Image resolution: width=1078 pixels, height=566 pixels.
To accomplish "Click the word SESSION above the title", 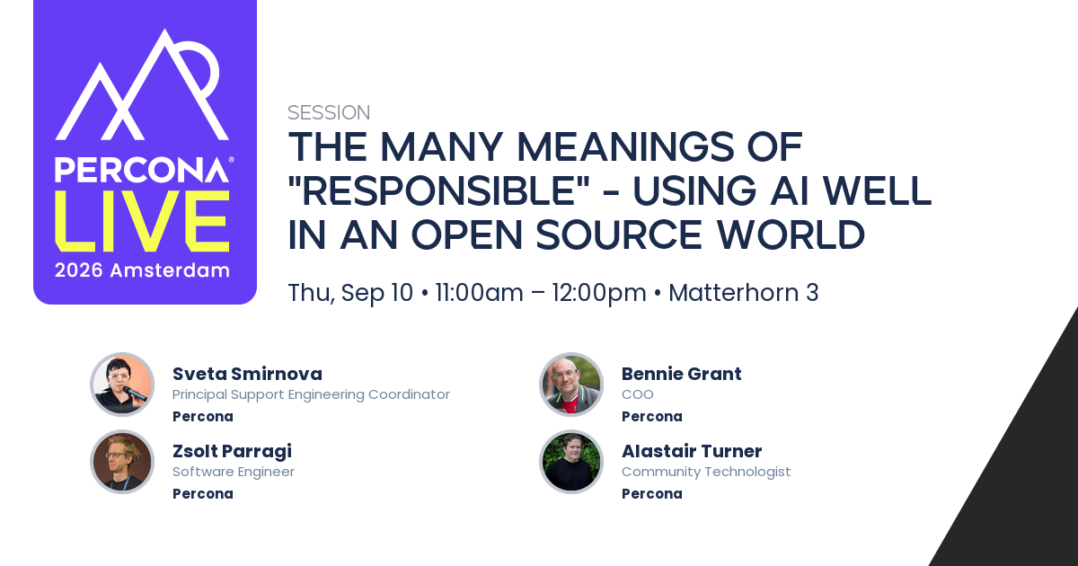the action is coord(329,112).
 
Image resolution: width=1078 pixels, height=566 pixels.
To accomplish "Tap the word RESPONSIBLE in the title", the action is coord(439,190).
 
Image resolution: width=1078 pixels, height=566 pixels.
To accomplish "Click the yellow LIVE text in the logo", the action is coord(142,221).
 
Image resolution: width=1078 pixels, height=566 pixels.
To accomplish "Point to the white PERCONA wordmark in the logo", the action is coord(142,170).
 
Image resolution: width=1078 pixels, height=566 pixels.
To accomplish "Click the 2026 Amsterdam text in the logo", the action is coord(142,270).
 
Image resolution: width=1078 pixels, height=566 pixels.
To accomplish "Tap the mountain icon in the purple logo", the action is coord(142,84).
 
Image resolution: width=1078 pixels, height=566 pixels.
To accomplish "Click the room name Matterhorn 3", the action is coord(744,293).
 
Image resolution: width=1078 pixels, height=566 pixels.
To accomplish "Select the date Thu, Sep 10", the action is coord(350,293).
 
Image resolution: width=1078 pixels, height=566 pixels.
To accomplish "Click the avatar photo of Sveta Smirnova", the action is coord(122,385).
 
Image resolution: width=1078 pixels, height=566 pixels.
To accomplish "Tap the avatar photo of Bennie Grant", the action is coord(571,385).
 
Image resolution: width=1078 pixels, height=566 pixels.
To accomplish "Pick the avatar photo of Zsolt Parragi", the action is coord(122,462).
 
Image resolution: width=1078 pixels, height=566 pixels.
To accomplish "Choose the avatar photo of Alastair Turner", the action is coord(571,462).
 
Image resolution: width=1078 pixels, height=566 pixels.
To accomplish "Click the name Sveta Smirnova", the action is coord(247,374).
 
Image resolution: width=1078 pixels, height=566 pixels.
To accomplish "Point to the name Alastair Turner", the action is coord(692,451).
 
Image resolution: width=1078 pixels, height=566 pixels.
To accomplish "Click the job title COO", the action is coord(637,394).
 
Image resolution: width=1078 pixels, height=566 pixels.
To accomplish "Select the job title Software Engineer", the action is coord(234,472).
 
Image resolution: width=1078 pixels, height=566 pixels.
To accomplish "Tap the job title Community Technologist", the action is coord(706,472).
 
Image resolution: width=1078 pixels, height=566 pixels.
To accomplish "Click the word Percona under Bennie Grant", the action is coord(651,416).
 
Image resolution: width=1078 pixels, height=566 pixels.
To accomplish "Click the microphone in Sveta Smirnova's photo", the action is coord(134,394).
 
